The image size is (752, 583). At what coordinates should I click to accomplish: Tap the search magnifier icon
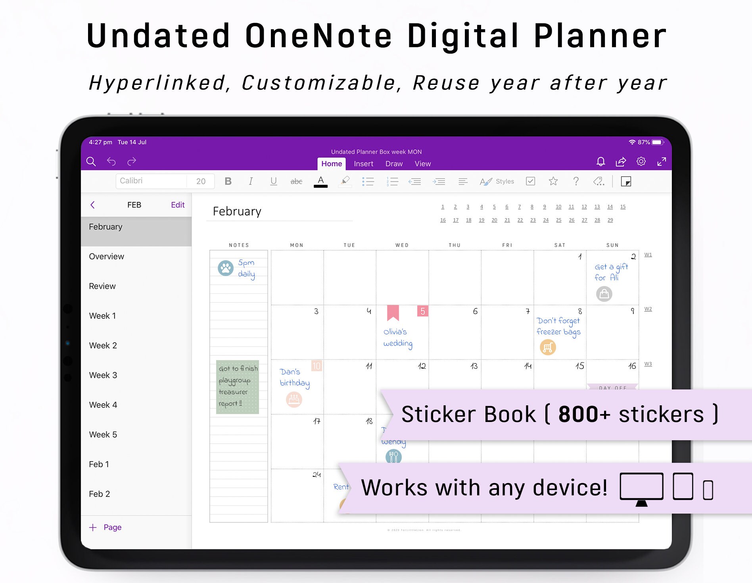pos(91,161)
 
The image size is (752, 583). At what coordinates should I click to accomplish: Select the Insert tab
pos(363,164)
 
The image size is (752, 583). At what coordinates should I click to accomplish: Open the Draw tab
pos(394,164)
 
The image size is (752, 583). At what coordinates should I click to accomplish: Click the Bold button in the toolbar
pos(228,181)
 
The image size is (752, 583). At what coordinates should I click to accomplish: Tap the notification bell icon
pos(600,161)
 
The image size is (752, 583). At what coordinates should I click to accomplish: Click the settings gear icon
pos(641,161)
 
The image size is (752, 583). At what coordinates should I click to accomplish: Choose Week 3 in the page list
pos(103,375)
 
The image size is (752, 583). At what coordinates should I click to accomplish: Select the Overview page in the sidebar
pos(106,256)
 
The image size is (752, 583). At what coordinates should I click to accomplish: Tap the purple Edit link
pos(178,205)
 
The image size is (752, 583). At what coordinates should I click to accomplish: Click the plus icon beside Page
pos(93,527)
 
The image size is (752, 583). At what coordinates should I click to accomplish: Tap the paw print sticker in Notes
pos(226,268)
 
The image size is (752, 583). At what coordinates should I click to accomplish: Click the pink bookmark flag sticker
pos(393,313)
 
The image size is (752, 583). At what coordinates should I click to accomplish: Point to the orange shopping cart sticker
pos(548,347)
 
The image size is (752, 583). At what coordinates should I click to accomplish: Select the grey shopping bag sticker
pos(604,294)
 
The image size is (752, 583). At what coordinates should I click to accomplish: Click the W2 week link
pos(648,309)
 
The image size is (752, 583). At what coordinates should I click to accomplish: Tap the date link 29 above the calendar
pos(610,220)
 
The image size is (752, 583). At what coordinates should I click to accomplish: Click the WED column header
pos(402,245)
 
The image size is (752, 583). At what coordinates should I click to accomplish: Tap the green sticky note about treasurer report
pos(238,387)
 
